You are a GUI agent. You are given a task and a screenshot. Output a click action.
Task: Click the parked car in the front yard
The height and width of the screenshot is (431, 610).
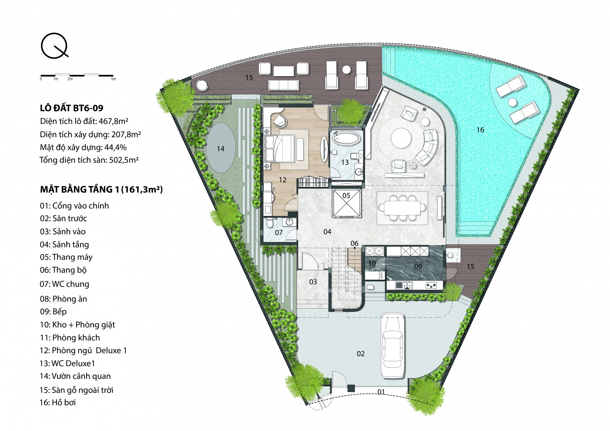click(x=393, y=346)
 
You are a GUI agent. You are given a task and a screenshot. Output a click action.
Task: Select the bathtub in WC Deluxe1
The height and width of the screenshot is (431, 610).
click(x=346, y=138)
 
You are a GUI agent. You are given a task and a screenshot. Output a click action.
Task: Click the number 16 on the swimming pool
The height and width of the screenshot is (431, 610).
click(x=480, y=130)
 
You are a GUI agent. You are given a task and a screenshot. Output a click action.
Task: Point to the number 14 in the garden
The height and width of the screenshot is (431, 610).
click(x=221, y=149)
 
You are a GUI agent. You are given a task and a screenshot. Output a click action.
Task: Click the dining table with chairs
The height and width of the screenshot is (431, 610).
click(x=402, y=208)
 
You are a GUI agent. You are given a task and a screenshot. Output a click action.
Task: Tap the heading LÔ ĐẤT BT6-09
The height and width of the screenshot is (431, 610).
click(x=72, y=108)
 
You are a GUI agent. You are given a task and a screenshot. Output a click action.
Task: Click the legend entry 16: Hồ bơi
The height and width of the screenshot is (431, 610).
click(x=58, y=402)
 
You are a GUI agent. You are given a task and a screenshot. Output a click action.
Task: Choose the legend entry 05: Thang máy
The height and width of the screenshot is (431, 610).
click(x=66, y=257)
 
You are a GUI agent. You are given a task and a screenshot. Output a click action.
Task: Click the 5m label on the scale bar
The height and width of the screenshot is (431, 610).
click(x=114, y=79)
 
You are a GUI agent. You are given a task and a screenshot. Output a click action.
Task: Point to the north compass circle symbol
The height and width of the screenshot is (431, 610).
click(x=54, y=45)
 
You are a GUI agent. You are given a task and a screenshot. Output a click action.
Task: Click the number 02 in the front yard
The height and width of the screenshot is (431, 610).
click(x=361, y=354)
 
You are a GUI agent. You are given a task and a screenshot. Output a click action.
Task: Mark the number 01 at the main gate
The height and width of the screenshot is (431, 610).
click(x=381, y=391)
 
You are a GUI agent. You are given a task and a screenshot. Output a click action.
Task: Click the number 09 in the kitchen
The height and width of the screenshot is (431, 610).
click(x=418, y=266)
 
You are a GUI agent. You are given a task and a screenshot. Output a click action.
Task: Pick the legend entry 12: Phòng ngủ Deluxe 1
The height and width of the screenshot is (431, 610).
click(x=83, y=351)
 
